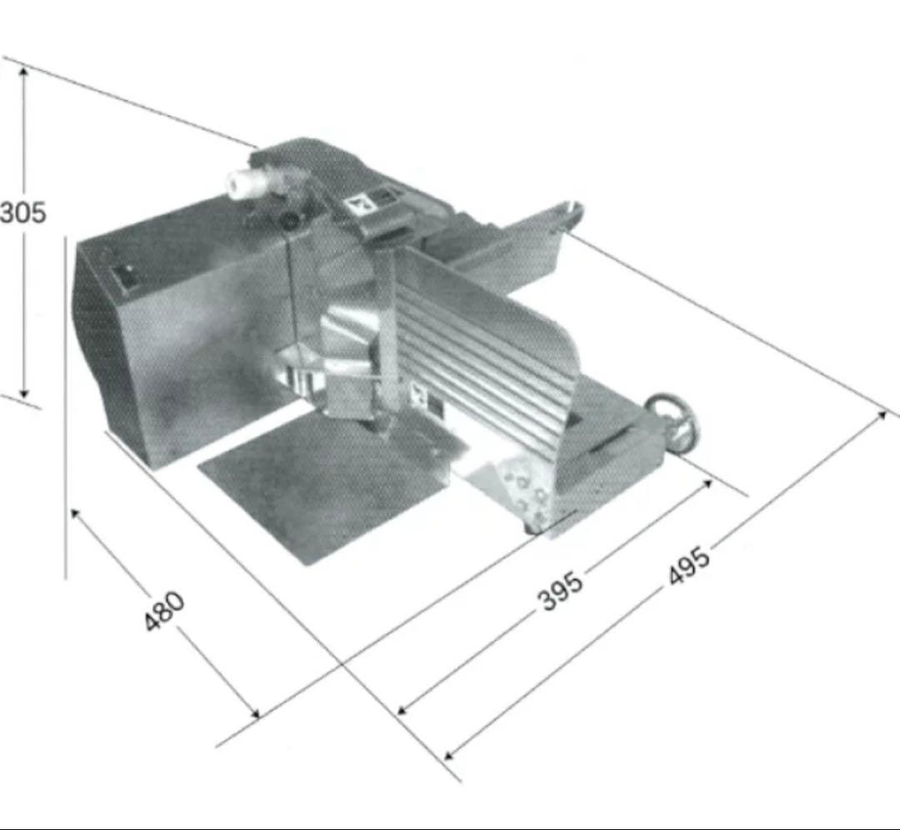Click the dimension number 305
coord(22,213)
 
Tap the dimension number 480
coord(164,611)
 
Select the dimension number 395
coord(561,591)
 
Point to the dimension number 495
coord(689,567)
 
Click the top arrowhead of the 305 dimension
coord(23,71)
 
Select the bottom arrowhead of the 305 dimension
coord(23,392)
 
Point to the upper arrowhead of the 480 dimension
coord(75,513)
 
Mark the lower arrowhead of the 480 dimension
coord(253,712)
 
